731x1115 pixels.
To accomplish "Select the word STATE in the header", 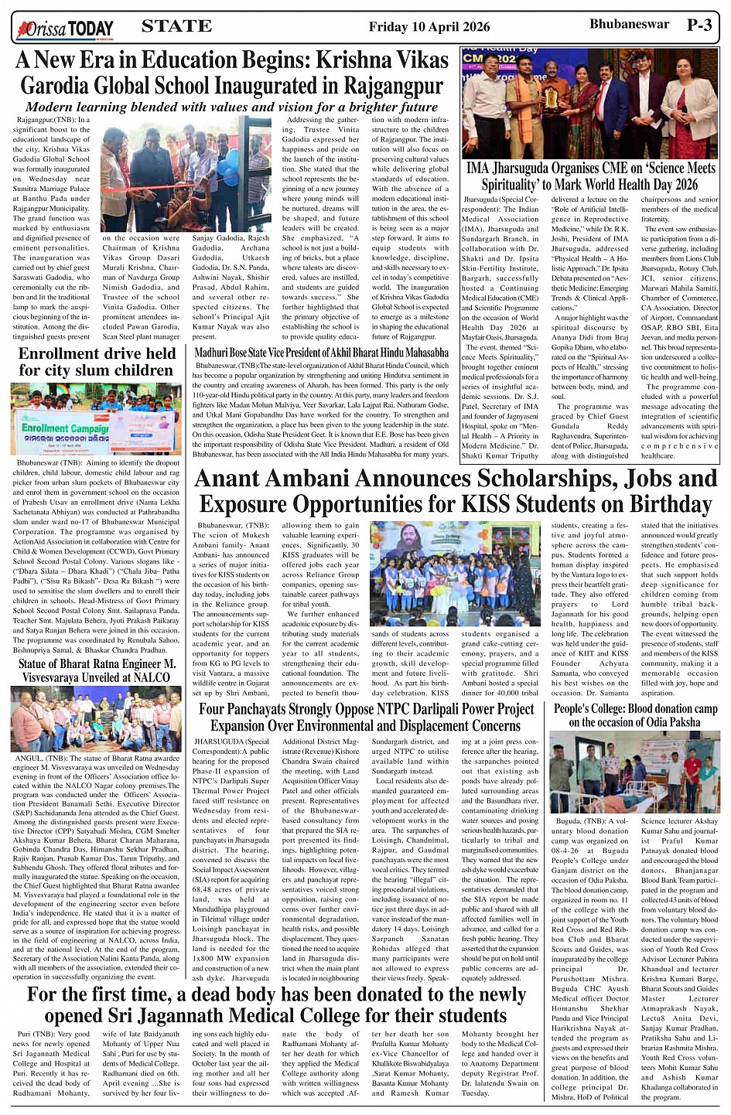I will point(176,26).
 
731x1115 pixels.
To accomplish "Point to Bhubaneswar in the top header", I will point(629,25).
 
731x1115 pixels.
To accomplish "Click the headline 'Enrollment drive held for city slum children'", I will point(97,362).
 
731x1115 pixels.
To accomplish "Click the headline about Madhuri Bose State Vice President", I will point(321,353).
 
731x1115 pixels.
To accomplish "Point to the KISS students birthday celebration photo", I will point(455,572).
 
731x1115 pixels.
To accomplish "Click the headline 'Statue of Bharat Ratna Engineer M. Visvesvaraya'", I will point(97,670).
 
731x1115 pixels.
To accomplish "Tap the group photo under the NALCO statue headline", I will point(97,719).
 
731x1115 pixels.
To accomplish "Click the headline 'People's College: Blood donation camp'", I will point(635,715).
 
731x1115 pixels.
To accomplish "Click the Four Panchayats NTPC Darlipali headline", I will point(367,717).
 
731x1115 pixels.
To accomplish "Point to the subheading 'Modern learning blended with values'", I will point(231,107).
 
